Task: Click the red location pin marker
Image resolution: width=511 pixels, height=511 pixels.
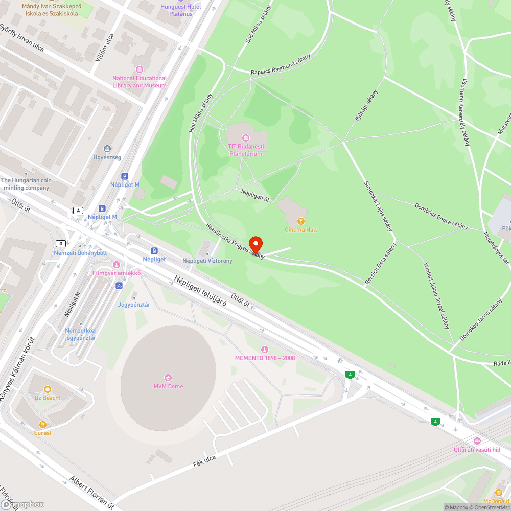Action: click(x=255, y=244)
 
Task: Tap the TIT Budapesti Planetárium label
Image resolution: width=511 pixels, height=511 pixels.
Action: click(x=246, y=150)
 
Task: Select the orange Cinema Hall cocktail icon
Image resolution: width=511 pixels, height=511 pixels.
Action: click(x=301, y=221)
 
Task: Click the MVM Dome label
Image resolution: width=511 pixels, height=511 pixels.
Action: click(x=168, y=386)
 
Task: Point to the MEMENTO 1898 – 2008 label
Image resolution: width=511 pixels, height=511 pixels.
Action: click(x=265, y=358)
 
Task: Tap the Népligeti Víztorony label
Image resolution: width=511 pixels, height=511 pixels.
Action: click(x=207, y=261)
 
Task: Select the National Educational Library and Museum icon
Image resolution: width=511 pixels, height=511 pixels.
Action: click(x=140, y=69)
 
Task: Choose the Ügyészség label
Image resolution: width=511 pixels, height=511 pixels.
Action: click(x=107, y=157)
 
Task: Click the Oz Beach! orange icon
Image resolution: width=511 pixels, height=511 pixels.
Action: click(x=48, y=389)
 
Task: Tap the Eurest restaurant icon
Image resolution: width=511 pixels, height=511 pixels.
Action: click(x=43, y=424)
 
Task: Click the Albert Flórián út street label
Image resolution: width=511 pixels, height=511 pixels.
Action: click(x=91, y=492)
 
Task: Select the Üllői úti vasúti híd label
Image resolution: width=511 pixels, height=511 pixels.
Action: click(x=477, y=450)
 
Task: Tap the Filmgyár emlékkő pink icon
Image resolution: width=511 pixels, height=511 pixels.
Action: click(x=116, y=264)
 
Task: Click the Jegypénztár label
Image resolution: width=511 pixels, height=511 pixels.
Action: click(x=134, y=305)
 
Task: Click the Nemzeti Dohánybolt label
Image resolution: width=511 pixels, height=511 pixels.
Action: click(x=80, y=253)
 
